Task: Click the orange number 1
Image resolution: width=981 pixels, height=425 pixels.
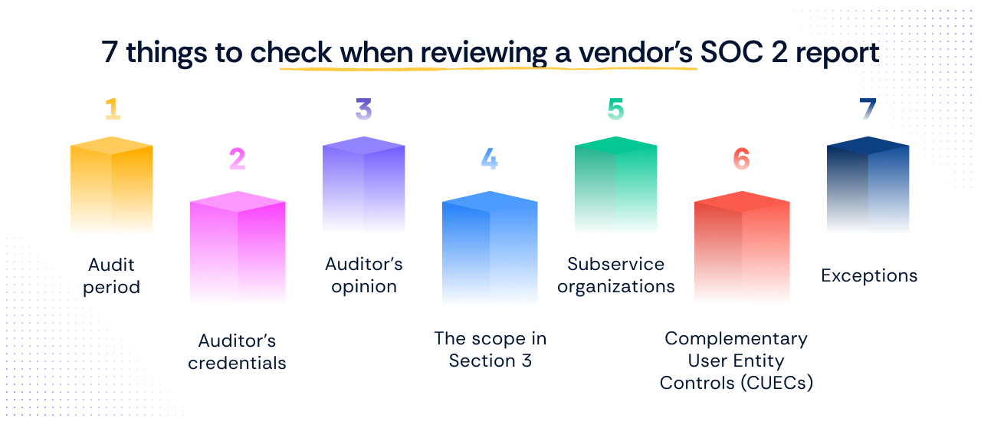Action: (113, 109)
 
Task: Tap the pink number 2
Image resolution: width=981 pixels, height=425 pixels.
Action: (238, 159)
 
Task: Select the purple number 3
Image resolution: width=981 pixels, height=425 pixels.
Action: (363, 109)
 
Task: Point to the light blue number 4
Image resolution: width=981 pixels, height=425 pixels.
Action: (489, 159)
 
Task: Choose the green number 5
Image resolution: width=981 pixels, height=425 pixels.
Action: (615, 109)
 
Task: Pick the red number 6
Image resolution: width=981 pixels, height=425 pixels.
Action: (741, 159)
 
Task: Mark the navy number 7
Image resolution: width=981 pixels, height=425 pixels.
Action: (868, 109)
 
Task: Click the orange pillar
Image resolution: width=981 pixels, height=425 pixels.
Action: (112, 185)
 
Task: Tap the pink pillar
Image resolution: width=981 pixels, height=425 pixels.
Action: (238, 247)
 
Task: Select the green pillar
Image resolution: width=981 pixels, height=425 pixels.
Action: (615, 185)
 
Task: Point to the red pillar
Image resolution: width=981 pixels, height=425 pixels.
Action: (742, 247)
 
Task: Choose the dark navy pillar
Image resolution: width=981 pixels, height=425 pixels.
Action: (868, 185)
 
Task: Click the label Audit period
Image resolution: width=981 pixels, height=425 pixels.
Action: (112, 276)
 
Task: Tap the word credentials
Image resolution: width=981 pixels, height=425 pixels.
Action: (237, 363)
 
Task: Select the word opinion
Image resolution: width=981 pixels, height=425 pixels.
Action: (364, 288)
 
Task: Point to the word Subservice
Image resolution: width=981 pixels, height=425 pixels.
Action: (615, 264)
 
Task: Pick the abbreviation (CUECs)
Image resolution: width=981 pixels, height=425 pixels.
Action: (777, 384)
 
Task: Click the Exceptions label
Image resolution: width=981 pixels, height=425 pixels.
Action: (869, 276)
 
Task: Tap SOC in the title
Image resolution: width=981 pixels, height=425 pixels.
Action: (732, 53)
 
